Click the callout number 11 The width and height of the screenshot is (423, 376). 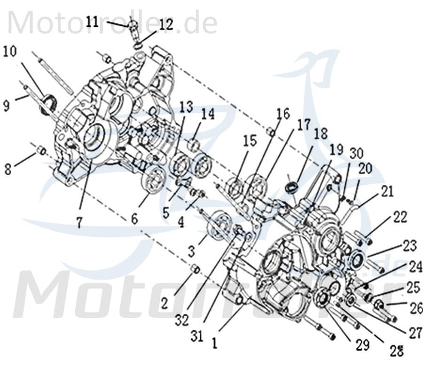pyautogui.click(x=93, y=21)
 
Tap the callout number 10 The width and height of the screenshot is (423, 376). pyautogui.click(x=9, y=51)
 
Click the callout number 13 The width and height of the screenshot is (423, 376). pyautogui.click(x=185, y=107)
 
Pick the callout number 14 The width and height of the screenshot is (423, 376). pyautogui.click(x=208, y=114)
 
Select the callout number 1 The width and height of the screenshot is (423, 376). pyautogui.click(x=214, y=344)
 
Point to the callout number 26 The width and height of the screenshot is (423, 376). pyautogui.click(x=416, y=308)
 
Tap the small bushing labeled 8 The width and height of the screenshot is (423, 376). pyautogui.click(x=41, y=150)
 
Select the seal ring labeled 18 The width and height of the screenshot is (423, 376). pyautogui.click(x=291, y=187)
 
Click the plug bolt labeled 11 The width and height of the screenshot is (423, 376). pyautogui.click(x=133, y=25)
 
